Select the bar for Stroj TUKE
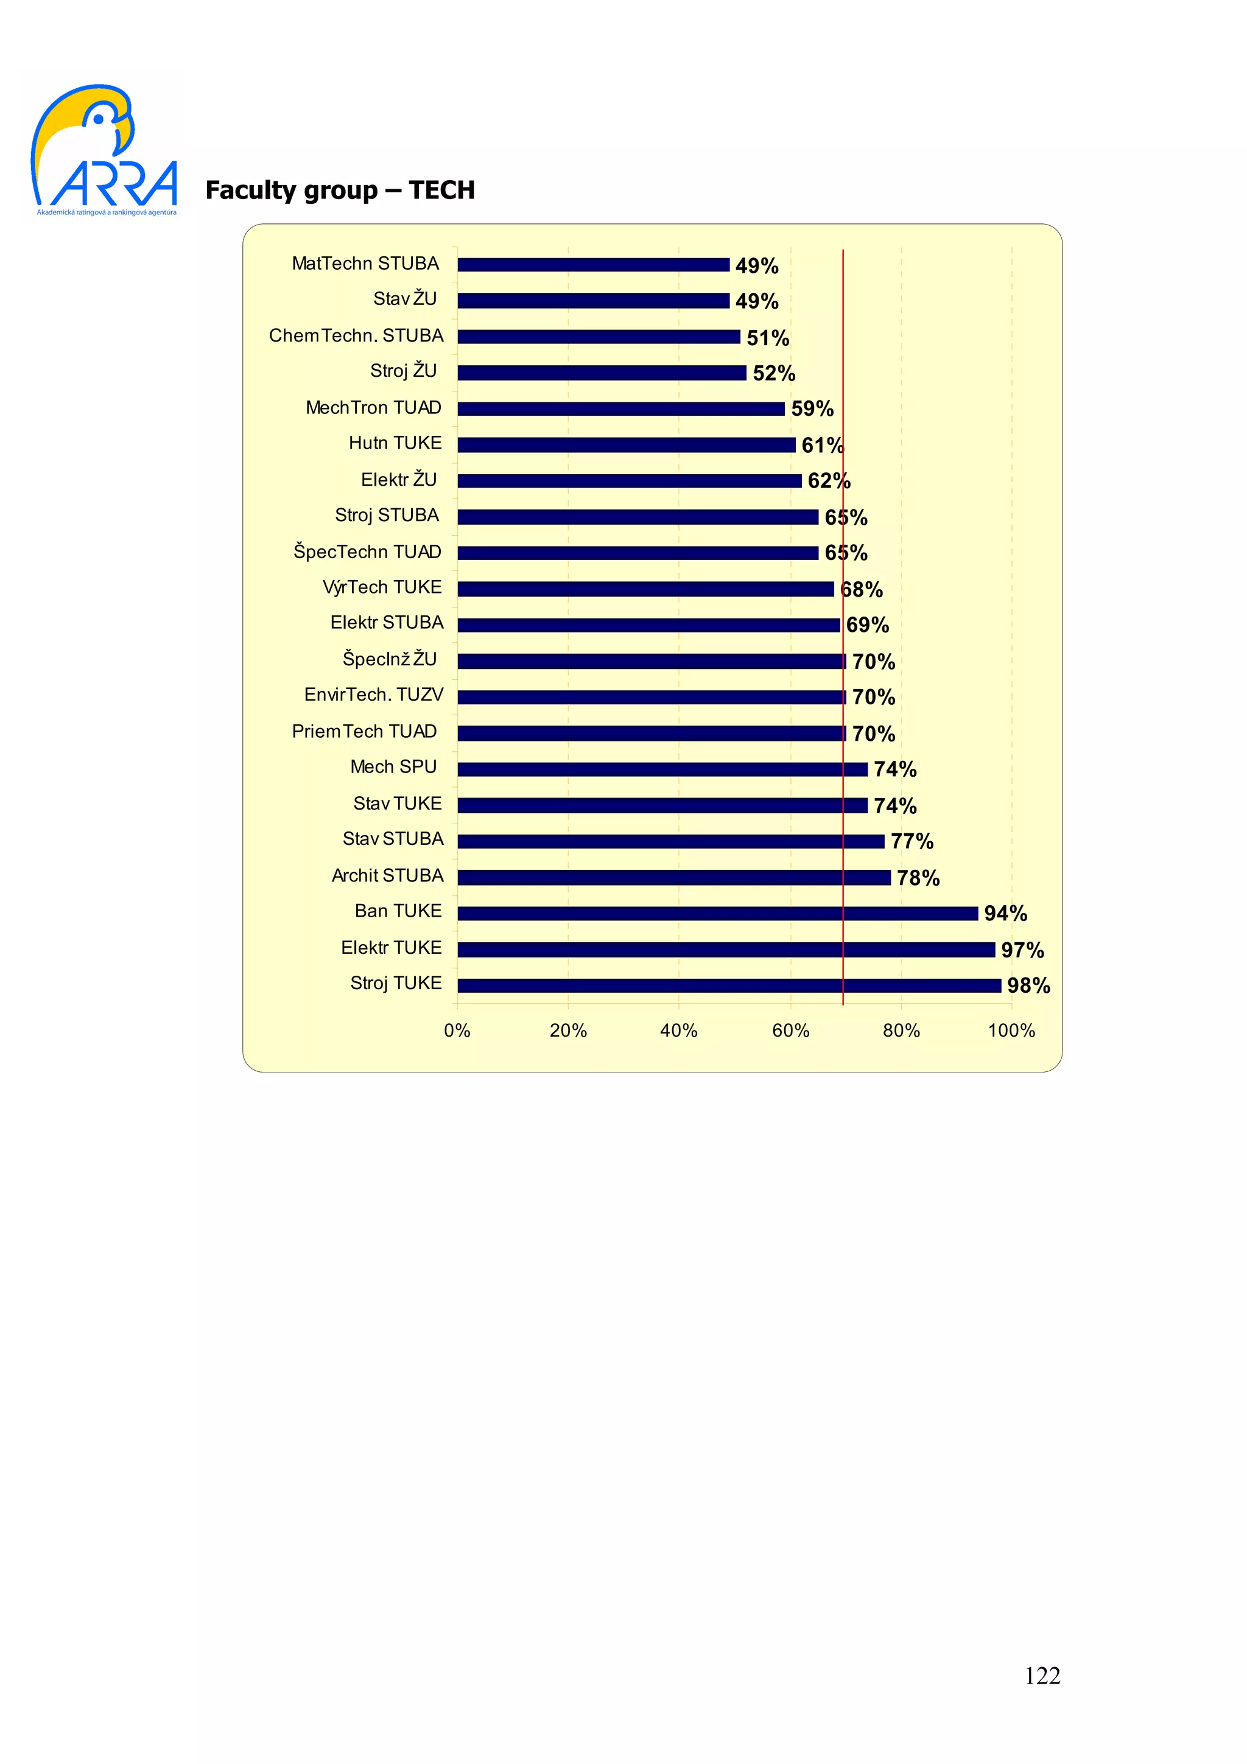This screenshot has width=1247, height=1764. pos(728,985)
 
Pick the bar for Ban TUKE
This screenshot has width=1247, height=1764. pos(717,912)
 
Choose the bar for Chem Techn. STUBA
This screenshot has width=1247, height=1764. pos(598,337)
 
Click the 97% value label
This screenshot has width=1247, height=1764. pos(1022,950)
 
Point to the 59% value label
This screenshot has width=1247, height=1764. pos(812,408)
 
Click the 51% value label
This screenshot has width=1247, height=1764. pos(768,337)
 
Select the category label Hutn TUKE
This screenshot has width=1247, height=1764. pos(395,443)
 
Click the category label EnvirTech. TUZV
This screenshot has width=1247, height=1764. pos(373,695)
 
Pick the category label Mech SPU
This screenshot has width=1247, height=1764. pos(393,767)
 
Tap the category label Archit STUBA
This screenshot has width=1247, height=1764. pos(387,875)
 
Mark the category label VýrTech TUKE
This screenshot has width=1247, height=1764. pos(382,587)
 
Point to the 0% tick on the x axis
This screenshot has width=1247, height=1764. pos(457,1031)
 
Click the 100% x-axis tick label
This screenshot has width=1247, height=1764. pos(1011,1031)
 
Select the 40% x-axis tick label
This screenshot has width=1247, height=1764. pos(678,1031)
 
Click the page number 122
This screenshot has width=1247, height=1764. pos(1042,1676)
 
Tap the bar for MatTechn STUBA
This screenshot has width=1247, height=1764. pos(592,264)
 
